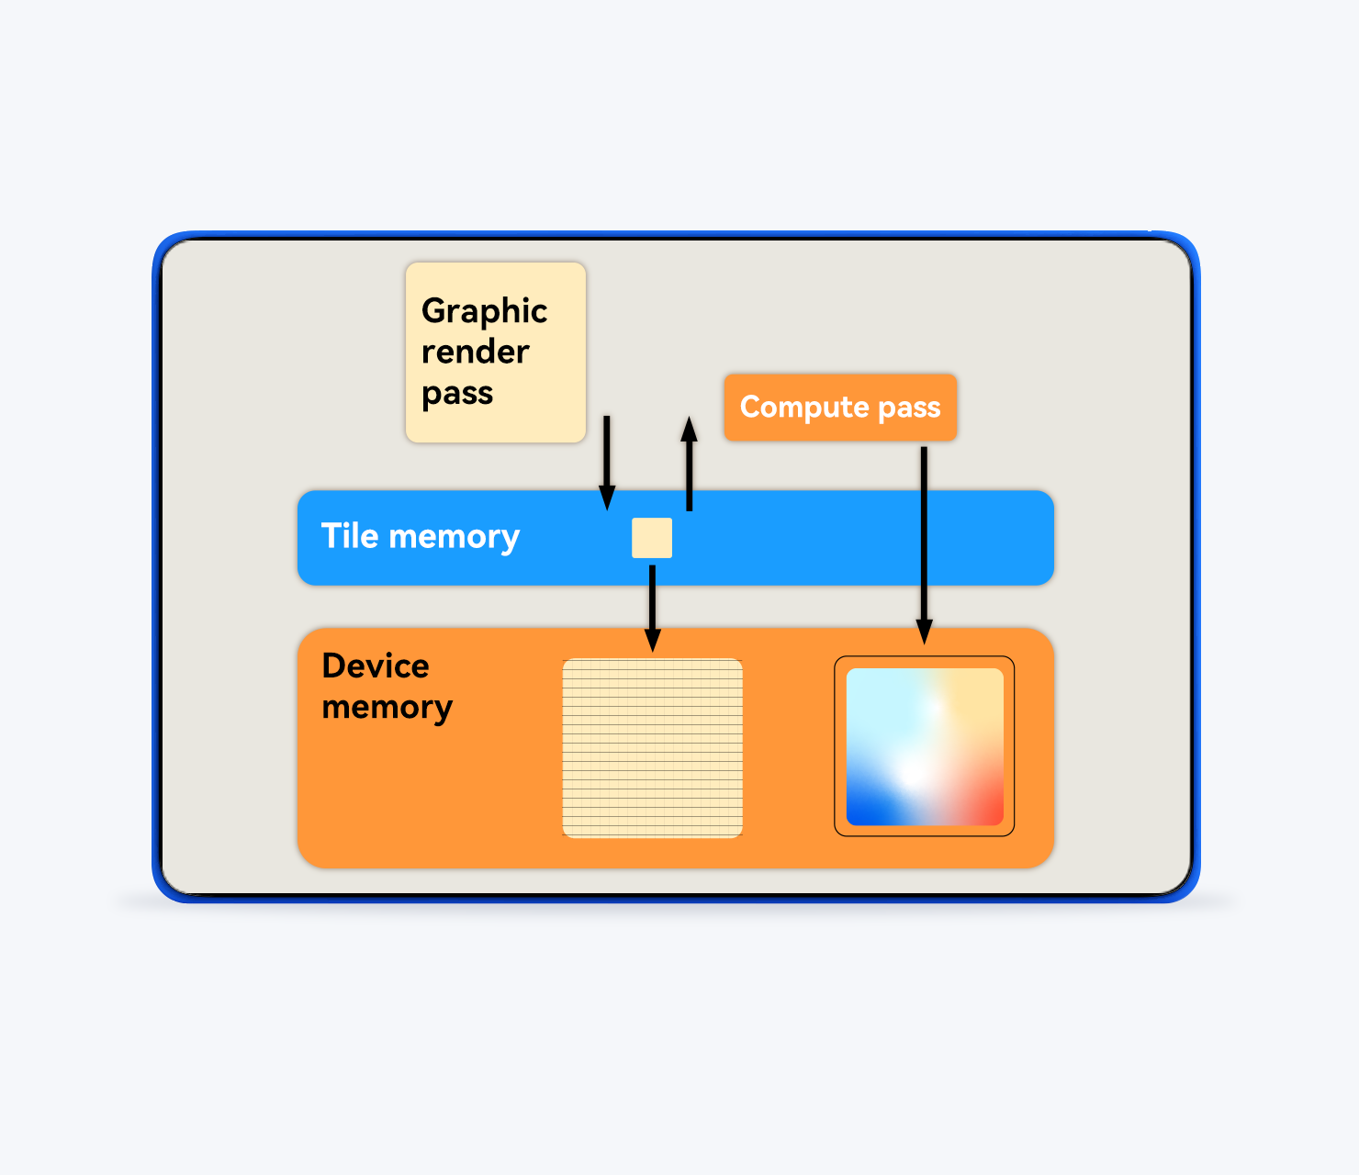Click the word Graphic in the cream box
[x=484, y=312]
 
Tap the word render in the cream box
[x=475, y=352]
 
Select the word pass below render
[x=457, y=393]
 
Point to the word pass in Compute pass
[x=909, y=407]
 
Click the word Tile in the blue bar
[x=350, y=536]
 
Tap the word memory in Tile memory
[x=454, y=536]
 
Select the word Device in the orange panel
[x=376, y=666]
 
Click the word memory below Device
[x=387, y=707]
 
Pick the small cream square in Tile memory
[x=652, y=538]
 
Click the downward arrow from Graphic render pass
[x=607, y=459]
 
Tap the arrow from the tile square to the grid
[x=652, y=606]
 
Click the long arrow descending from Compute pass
[x=924, y=542]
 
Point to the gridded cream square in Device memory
[x=652, y=747]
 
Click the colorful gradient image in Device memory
[x=924, y=746]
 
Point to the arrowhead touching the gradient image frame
[x=924, y=632]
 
